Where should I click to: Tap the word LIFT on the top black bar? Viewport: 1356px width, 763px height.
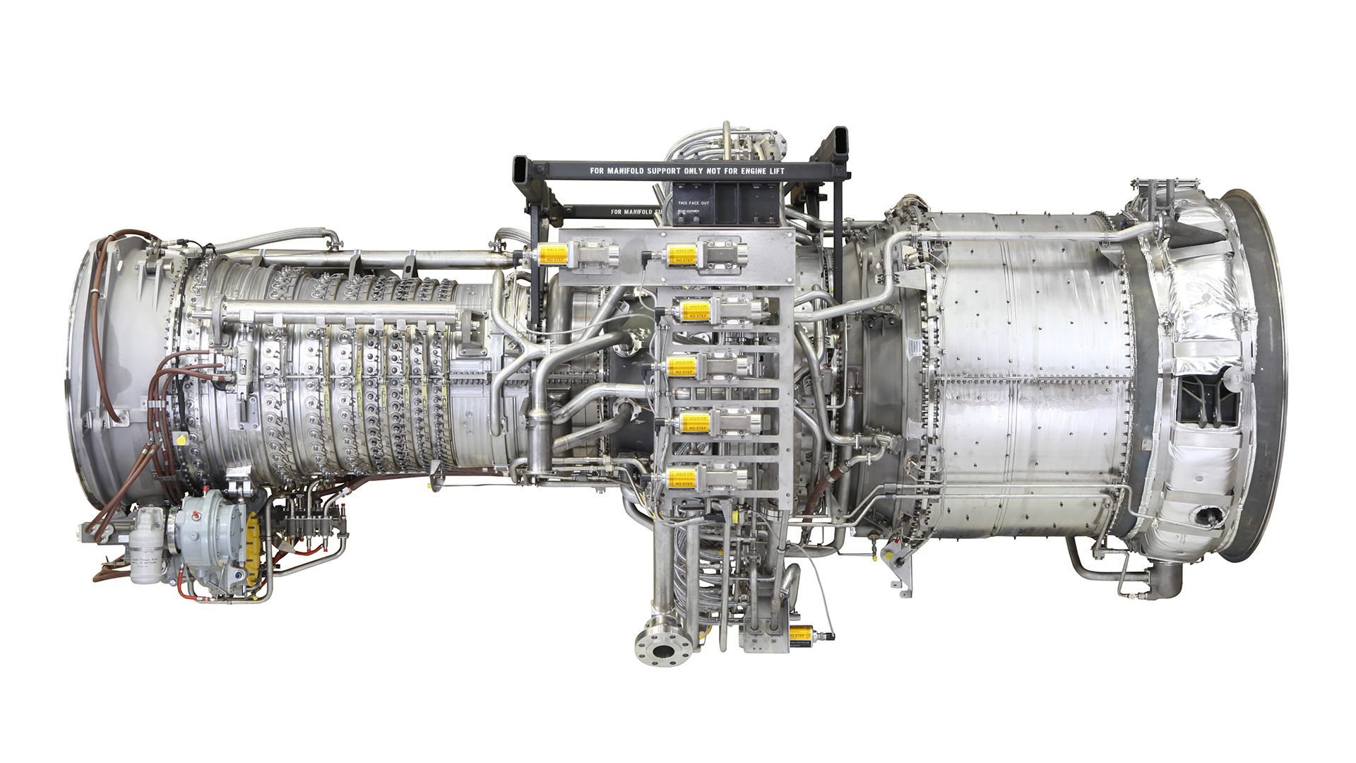click(775, 171)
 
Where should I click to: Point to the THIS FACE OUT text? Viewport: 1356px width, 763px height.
click(693, 203)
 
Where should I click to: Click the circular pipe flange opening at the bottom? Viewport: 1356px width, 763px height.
click(662, 650)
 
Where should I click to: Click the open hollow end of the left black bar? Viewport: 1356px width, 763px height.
click(523, 170)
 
